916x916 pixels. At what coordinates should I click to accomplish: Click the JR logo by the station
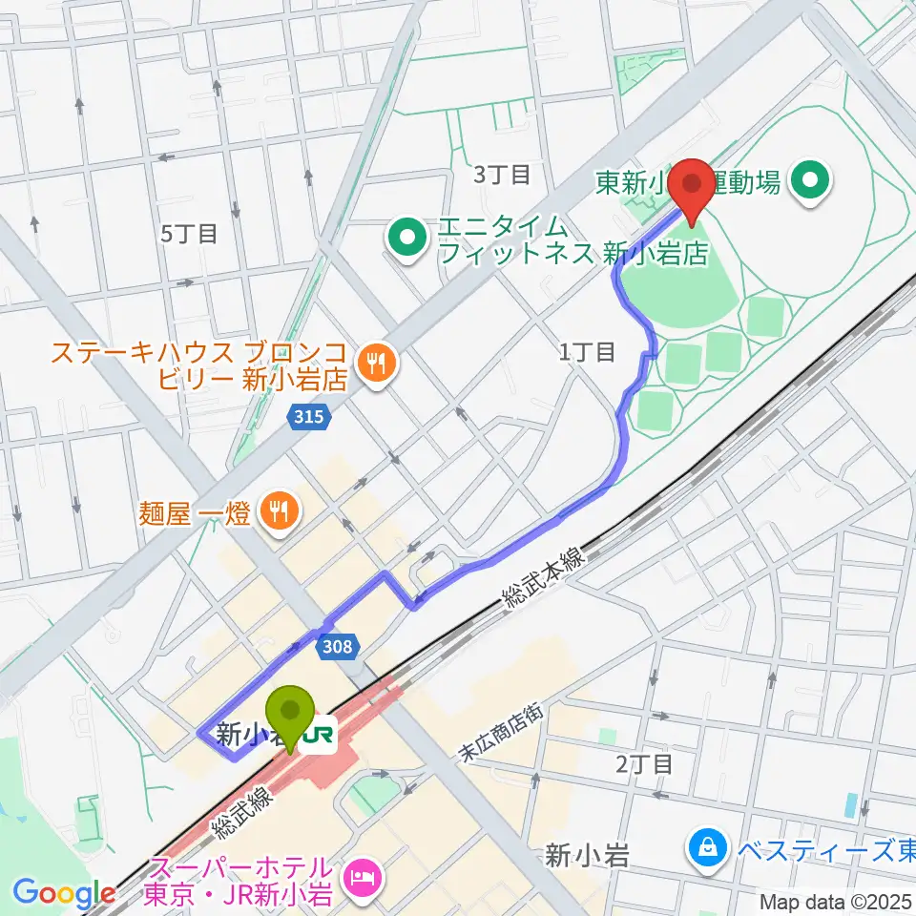pos(320,736)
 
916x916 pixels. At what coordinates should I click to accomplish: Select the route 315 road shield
pos(310,416)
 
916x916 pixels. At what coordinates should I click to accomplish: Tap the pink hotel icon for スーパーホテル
pos(363,871)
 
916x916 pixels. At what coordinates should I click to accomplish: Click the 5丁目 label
pos(189,232)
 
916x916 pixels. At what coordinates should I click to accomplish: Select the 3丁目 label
pos(502,174)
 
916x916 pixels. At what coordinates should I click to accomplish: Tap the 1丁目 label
pos(587,352)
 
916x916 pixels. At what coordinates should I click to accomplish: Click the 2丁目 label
pos(644,762)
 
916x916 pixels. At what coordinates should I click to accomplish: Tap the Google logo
pos(64,893)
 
